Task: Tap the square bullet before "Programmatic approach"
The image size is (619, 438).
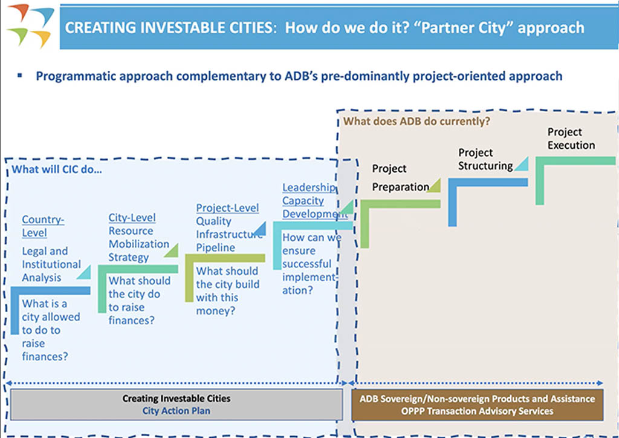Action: pos(20,76)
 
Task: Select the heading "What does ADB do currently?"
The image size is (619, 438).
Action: pos(416,121)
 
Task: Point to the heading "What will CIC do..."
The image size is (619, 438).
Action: pos(57,169)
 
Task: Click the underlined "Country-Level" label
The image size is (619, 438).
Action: pos(43,226)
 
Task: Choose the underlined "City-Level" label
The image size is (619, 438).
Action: pos(132,218)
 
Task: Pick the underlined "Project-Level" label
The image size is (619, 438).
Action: pos(227,208)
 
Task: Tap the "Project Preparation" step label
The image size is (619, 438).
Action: pos(400,178)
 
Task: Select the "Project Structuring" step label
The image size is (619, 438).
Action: pos(485,159)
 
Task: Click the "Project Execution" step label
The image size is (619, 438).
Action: pos(571,139)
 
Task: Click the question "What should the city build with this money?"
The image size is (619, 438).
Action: pos(227,291)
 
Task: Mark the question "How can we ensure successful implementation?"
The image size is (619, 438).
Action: pos(310,264)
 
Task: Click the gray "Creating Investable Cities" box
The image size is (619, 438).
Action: pos(177,404)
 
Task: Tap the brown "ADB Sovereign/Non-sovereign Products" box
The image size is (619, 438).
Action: pos(477,404)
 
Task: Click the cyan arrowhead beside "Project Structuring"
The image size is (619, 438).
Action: pos(522,163)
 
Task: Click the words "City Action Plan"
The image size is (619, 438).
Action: pos(177,411)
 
